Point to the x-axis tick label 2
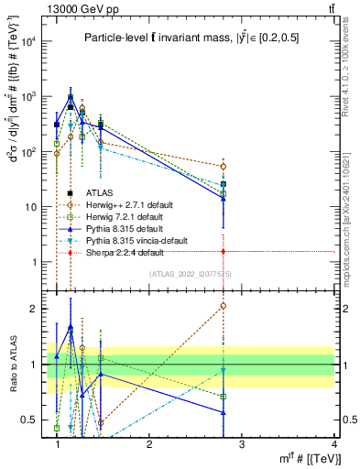pyautogui.click(x=149, y=444)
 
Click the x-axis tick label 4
pyautogui.click(x=333, y=444)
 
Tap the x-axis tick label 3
pyautogui.click(x=241, y=444)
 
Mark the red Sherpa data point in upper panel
pyautogui.click(x=224, y=251)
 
